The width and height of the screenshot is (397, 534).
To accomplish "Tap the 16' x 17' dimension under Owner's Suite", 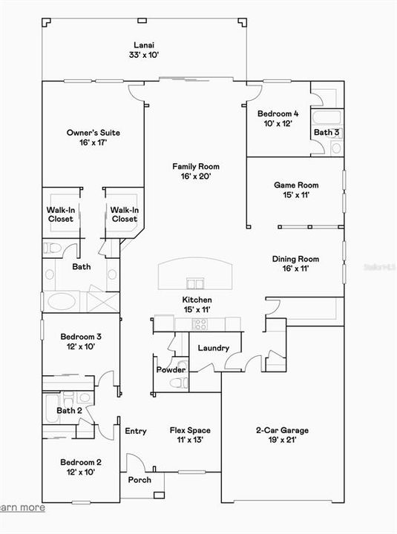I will [93, 142].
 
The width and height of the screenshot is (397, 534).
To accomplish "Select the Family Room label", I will [196, 167].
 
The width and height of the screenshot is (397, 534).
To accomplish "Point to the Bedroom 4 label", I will [278, 113].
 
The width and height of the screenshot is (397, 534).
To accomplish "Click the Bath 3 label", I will [326, 133].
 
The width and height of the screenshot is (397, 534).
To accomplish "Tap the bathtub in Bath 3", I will [327, 118].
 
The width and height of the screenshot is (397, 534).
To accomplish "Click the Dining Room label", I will [295, 259].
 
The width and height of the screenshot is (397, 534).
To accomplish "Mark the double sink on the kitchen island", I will [196, 283].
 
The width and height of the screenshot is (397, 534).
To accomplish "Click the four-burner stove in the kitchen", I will [200, 323].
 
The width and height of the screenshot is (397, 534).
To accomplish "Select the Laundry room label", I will [213, 348].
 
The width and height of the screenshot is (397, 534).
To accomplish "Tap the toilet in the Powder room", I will [177, 383].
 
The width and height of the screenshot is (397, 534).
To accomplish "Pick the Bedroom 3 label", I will [80, 337].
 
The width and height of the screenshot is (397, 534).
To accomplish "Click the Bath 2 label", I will [69, 410].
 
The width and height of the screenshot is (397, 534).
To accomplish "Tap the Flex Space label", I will [189, 430].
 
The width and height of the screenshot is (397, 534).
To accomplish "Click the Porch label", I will [140, 480].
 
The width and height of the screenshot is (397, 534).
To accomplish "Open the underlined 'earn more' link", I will [22, 508].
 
